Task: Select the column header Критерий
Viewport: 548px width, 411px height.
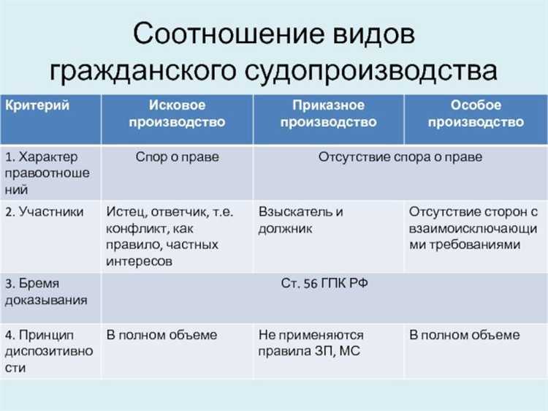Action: tap(38, 105)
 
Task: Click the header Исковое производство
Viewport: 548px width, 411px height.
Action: tap(177, 113)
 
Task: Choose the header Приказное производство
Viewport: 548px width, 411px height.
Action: tap(327, 113)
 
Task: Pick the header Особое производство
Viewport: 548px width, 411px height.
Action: tap(476, 113)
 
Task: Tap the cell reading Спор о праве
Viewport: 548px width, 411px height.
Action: tap(177, 157)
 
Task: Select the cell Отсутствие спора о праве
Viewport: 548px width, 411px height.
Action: tap(400, 157)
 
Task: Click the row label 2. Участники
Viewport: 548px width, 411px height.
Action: tap(45, 212)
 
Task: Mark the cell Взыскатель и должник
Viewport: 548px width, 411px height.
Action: tap(300, 220)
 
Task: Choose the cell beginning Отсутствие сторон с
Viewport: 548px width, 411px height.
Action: tap(473, 227)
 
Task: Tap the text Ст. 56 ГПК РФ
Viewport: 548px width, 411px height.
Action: tap(324, 284)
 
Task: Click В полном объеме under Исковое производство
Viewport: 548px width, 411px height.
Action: tap(161, 335)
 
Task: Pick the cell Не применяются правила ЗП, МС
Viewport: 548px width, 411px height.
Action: tap(311, 343)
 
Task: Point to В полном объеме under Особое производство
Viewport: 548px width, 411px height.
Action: tap(464, 335)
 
